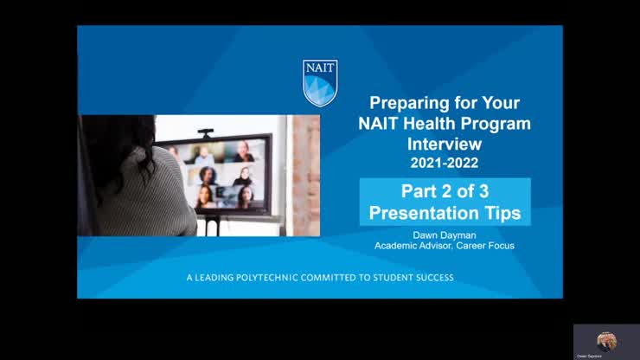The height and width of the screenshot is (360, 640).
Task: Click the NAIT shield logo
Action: (320, 82)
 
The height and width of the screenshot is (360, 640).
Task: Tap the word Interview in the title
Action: (445, 143)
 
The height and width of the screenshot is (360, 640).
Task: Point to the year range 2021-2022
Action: (445, 162)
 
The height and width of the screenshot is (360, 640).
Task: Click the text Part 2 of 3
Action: (445, 191)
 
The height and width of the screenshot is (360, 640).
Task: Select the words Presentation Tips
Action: (445, 212)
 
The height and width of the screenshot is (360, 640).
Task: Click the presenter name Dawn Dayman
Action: (445, 235)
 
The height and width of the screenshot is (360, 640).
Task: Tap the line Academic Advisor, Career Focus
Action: (445, 246)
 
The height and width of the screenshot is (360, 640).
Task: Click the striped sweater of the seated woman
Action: (156, 203)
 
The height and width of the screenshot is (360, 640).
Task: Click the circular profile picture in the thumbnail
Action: (606, 339)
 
